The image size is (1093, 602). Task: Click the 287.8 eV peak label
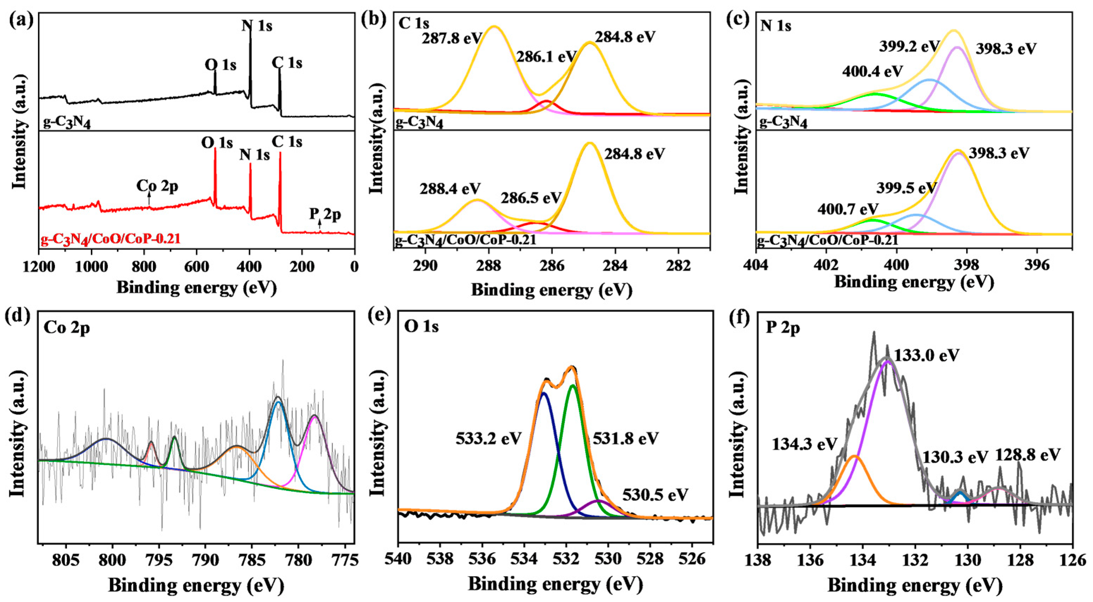(452, 39)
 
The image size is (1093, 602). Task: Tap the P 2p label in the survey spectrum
(325, 215)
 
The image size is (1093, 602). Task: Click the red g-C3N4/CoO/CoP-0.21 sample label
(110, 239)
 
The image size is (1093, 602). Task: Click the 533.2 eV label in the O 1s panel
(489, 438)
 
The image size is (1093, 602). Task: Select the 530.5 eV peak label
(655, 494)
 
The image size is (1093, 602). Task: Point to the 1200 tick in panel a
(39, 267)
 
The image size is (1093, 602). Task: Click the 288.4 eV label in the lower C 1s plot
(450, 188)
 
